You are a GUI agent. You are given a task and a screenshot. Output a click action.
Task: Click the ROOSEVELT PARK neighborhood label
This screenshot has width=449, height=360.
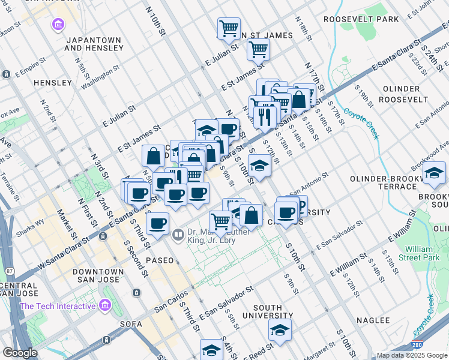[x=361, y=19]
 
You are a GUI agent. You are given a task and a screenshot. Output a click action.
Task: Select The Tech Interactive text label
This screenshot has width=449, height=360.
[x=58, y=306]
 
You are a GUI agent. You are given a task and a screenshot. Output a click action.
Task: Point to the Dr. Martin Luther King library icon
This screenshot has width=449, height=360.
[x=178, y=235]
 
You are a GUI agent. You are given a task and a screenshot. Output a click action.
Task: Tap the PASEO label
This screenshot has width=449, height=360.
[x=157, y=260]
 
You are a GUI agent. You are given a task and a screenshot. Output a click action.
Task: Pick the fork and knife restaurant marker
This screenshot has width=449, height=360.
[x=264, y=115]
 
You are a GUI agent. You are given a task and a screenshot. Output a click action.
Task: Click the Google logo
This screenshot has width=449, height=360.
[x=20, y=353]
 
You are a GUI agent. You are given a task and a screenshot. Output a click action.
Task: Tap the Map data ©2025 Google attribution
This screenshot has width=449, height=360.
[x=411, y=355]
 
